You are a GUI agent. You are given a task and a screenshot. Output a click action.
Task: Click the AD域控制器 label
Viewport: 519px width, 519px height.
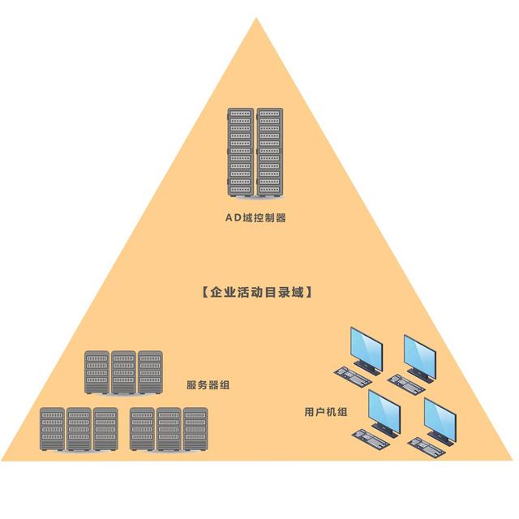[255, 218]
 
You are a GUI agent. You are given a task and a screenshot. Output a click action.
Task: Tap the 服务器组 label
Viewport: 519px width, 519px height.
[208, 385]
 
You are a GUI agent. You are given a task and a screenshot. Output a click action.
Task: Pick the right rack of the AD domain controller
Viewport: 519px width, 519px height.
[270, 152]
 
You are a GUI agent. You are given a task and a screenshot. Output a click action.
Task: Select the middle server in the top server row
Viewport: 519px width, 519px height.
[123, 371]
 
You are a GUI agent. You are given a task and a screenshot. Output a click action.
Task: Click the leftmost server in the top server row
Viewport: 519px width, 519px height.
[97, 371]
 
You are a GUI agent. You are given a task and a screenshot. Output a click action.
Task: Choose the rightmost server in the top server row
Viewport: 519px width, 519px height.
[150, 371]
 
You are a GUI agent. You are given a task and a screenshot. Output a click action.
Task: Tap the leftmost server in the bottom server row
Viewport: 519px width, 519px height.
[53, 429]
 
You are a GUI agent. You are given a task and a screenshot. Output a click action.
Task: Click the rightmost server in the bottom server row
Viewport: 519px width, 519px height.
[195, 429]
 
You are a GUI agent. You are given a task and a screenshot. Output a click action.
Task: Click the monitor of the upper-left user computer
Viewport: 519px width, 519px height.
[366, 348]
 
